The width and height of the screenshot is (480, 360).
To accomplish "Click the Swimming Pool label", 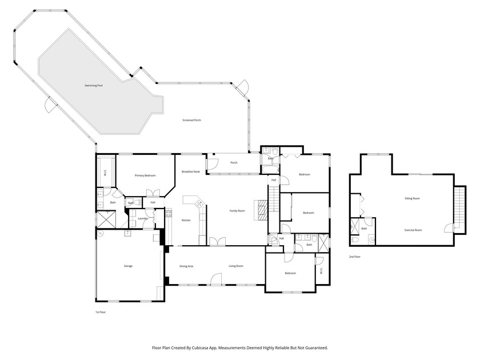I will (x=94, y=86).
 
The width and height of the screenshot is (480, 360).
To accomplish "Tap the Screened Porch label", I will (x=191, y=120).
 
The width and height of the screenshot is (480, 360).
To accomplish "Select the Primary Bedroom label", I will (x=145, y=175).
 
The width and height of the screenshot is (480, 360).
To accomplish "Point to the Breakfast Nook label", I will (x=191, y=171).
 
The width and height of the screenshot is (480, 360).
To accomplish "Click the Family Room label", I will (x=237, y=211).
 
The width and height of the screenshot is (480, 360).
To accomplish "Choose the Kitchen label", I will (x=186, y=221).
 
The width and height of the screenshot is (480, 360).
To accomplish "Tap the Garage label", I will (x=129, y=266).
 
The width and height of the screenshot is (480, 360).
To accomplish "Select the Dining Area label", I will (x=186, y=266).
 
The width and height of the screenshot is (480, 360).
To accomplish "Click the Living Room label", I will (x=237, y=266).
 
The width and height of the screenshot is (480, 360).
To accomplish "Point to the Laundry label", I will (x=143, y=218).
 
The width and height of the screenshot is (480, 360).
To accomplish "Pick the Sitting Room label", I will (x=413, y=198).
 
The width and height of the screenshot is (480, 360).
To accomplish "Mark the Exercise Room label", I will (x=413, y=230).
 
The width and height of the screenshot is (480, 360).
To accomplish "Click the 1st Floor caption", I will (x=101, y=312).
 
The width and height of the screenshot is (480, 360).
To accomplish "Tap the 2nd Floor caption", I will (x=355, y=257).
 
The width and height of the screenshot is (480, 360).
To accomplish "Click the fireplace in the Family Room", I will (x=261, y=210).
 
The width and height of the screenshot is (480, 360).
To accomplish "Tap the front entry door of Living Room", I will (x=215, y=279).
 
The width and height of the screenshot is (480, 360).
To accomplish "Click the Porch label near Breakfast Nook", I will (x=234, y=162).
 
